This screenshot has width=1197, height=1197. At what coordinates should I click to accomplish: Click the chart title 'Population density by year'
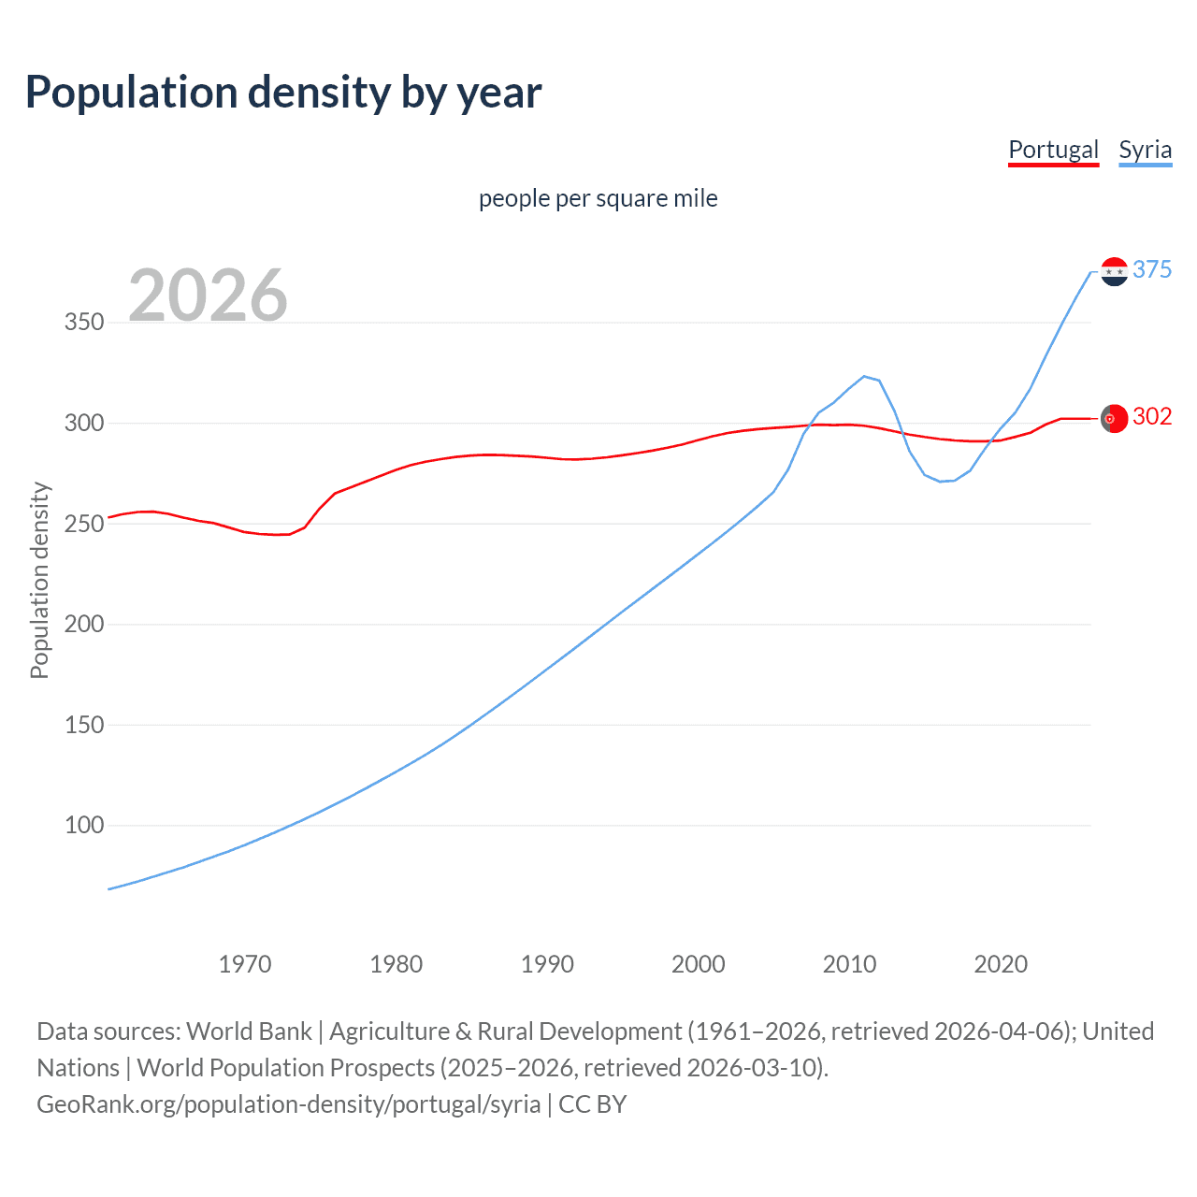pyautogui.click(x=283, y=93)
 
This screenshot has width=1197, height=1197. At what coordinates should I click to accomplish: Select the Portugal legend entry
pyautogui.click(x=1053, y=150)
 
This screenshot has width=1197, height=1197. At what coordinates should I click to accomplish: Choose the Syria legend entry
pyautogui.click(x=1145, y=150)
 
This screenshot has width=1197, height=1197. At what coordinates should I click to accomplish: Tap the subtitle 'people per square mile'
pyautogui.click(x=598, y=198)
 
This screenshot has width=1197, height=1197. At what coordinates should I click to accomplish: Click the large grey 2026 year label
pyautogui.click(x=208, y=296)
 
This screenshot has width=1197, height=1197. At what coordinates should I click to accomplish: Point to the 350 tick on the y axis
pyautogui.click(x=83, y=323)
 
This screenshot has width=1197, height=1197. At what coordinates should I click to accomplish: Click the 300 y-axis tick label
pyautogui.click(x=83, y=423)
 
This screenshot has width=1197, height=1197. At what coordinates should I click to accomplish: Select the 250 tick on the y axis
pyautogui.click(x=83, y=524)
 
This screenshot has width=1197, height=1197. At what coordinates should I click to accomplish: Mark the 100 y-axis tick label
pyautogui.click(x=83, y=825)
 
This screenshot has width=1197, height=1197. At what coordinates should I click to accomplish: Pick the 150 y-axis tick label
pyautogui.click(x=83, y=725)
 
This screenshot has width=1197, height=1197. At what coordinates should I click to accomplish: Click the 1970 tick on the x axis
pyautogui.click(x=245, y=964)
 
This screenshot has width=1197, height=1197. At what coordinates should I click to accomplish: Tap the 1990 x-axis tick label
pyautogui.click(x=547, y=964)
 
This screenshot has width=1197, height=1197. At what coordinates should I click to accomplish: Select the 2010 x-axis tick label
pyautogui.click(x=849, y=964)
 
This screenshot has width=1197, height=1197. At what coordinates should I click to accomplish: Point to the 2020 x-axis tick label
pyautogui.click(x=1001, y=964)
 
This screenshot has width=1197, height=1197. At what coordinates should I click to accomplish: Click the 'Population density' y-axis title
pyautogui.click(x=39, y=580)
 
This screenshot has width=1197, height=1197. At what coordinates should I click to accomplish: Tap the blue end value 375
pyautogui.click(x=1152, y=270)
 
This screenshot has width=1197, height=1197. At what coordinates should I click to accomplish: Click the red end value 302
pyautogui.click(x=1152, y=416)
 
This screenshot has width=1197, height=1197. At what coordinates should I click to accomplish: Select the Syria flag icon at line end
pyautogui.click(x=1114, y=271)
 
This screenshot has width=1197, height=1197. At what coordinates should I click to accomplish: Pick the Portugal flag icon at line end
pyautogui.click(x=1114, y=419)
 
